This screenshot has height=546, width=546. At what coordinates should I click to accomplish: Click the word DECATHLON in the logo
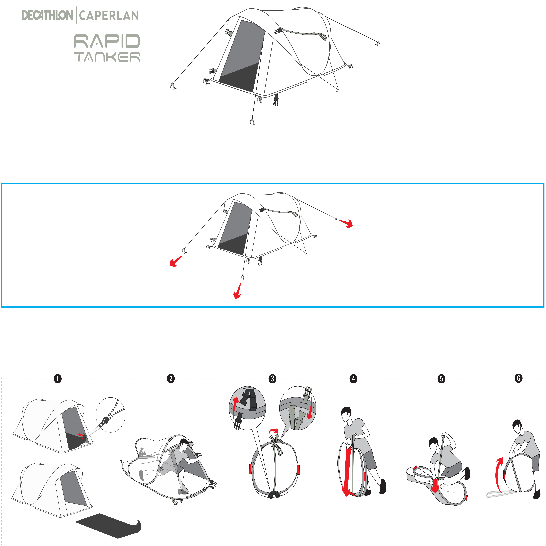click(x=47, y=15)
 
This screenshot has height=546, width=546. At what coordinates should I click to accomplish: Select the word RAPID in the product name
click(x=107, y=41)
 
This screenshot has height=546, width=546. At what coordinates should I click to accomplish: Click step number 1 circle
click(x=58, y=378)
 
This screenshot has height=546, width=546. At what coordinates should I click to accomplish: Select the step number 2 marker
click(x=171, y=378)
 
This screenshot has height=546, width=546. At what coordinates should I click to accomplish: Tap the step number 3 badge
click(x=272, y=378)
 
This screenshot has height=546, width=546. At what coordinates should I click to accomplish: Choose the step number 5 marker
click(x=441, y=378)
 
